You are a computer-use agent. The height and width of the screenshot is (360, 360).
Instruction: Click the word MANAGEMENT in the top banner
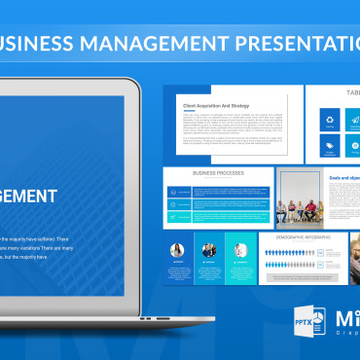[x=148, y=44]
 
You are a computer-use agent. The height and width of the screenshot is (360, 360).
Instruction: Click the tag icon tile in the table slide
[x=328, y=148]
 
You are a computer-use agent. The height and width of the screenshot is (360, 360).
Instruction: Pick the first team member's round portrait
[x=177, y=250]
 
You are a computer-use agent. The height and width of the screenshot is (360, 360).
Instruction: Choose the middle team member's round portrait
[x=208, y=250]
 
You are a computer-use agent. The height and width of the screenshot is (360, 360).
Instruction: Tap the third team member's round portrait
[x=239, y=250]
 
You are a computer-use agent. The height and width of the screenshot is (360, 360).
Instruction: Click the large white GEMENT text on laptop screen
[x=28, y=197]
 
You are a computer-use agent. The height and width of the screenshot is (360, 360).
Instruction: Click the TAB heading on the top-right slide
[x=349, y=94]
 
